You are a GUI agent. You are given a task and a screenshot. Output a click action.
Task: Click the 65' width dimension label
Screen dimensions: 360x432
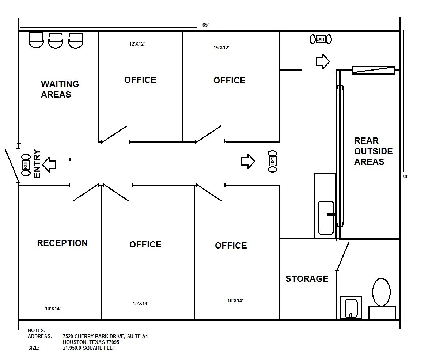point(205,25)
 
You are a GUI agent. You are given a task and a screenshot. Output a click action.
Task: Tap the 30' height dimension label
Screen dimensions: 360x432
point(405,176)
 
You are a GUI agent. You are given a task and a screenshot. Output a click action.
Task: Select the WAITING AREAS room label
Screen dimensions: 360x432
point(60,89)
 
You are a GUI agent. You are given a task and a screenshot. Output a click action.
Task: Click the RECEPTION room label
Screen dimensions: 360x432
point(62,243)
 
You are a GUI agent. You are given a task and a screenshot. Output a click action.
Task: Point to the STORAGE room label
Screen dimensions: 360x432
point(307,279)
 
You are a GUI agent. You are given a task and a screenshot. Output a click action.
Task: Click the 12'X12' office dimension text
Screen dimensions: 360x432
point(137,44)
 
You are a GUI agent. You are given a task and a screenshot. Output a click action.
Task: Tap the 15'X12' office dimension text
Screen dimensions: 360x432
point(221,48)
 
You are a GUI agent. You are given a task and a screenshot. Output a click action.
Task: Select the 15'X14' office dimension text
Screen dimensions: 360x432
point(140,303)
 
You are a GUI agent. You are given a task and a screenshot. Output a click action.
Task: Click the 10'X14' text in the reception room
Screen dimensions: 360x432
point(53,308)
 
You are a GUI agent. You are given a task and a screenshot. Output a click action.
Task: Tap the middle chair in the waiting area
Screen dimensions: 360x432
point(56,40)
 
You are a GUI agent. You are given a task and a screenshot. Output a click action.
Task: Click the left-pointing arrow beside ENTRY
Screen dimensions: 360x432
point(49,164)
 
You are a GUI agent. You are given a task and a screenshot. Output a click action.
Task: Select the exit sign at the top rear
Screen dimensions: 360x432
point(321,39)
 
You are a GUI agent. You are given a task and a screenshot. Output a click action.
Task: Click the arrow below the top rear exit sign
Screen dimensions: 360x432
point(322,61)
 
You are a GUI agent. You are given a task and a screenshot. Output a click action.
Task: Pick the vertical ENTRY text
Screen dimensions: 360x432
point(37,163)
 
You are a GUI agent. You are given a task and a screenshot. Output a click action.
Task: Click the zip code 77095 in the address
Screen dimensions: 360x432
point(112,342)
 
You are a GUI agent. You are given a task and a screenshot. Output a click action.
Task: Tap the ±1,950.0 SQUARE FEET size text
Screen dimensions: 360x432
point(89,348)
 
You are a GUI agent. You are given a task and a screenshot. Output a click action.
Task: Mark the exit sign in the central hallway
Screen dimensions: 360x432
point(272,161)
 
